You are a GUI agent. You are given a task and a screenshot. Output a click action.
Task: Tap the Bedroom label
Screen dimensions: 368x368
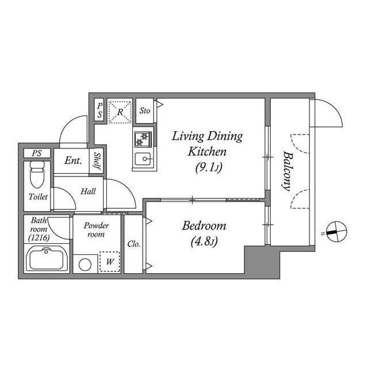(x=204, y=225)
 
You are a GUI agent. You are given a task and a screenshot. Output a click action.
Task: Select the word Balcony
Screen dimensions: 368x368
(x=286, y=170)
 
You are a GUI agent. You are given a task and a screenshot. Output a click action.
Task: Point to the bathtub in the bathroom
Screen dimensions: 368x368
(x=48, y=259)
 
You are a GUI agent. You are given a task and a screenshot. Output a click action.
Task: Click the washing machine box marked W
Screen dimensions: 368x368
(x=109, y=262)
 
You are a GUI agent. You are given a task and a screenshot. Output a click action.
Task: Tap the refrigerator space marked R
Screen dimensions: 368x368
(x=120, y=111)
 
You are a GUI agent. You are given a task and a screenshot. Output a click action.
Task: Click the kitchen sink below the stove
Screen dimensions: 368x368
(x=143, y=159)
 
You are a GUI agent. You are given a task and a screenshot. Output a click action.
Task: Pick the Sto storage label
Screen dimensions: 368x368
(x=145, y=110)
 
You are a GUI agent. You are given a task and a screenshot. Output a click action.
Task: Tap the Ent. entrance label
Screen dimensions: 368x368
(x=73, y=160)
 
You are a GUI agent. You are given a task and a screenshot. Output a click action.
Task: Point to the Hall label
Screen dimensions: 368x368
(x=88, y=191)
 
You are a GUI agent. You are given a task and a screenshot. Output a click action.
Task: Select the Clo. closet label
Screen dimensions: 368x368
(x=133, y=243)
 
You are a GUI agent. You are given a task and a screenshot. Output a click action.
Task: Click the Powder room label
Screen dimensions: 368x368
(x=96, y=229)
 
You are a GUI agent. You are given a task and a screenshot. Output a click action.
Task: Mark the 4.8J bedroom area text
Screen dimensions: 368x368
(x=204, y=242)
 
